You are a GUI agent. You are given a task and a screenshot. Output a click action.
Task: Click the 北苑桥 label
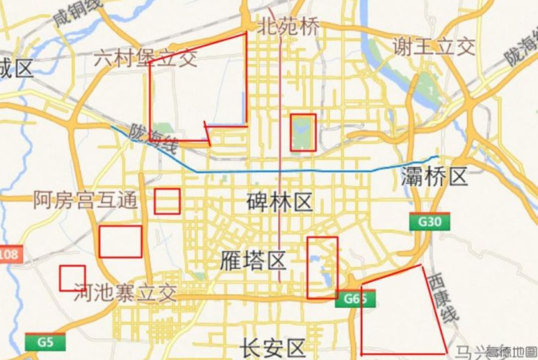288,27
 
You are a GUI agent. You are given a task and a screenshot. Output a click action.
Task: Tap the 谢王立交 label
433,47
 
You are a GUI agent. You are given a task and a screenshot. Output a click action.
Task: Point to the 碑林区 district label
279,202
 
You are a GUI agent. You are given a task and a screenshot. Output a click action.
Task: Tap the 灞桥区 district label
434,176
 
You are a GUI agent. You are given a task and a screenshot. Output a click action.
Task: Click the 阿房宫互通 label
85,200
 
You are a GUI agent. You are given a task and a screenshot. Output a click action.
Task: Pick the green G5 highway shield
45,342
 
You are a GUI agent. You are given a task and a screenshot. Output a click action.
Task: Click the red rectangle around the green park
303,132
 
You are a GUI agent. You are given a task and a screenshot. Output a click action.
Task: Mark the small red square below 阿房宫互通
167,201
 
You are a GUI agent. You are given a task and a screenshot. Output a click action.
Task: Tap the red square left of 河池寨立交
72,278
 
